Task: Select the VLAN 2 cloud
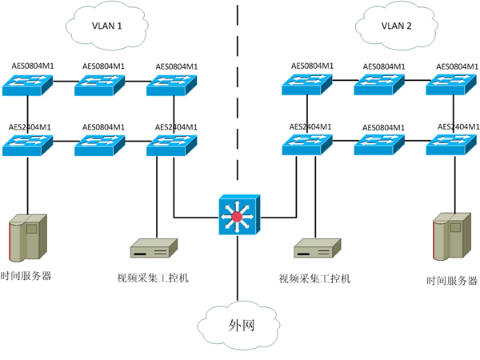tap(396, 26)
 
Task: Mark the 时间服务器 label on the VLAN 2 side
tap(452, 281)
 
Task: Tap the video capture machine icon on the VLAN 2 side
tap(318, 249)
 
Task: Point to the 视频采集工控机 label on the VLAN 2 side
tap(314, 279)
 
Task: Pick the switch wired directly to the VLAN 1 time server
tap(27, 144)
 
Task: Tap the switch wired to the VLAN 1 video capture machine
tap(171, 144)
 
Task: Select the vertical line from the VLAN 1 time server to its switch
tap(27, 184)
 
